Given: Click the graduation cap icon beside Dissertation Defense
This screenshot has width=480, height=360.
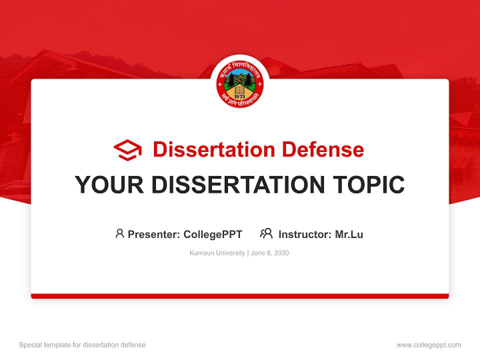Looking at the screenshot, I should click(x=127, y=149).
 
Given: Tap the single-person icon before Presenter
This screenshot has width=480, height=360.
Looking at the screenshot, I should click(x=119, y=233).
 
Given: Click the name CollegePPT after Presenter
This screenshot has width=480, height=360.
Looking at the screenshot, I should click(x=213, y=234).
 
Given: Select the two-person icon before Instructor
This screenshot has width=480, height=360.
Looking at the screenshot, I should click(x=266, y=233).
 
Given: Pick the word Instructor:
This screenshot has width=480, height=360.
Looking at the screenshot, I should click(x=305, y=234).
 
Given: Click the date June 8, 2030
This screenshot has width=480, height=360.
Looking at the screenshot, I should click(x=270, y=253).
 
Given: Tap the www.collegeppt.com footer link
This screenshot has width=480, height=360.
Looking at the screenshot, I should click(x=428, y=345).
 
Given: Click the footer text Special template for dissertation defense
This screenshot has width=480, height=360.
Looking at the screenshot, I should click(x=82, y=345).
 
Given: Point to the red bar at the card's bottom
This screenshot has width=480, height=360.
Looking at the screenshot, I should click(x=240, y=296).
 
